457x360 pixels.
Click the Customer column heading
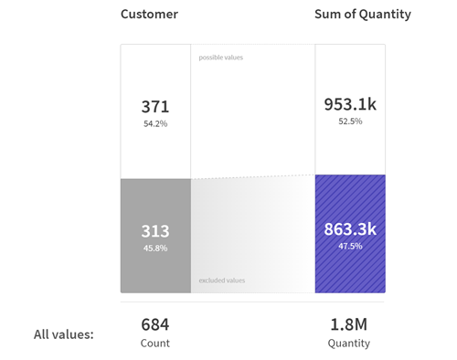149,15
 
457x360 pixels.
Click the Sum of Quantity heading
362,15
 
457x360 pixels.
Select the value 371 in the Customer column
154,106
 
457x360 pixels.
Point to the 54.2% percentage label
154,123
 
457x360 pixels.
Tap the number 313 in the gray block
154,231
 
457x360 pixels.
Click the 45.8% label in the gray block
154,248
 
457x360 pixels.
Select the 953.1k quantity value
350,104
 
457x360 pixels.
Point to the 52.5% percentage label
350,122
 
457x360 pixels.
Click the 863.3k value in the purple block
350,229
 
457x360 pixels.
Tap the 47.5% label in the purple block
350,246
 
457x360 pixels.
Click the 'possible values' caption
221,58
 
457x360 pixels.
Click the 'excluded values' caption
222,281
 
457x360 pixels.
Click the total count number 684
154,323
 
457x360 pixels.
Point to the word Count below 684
154,344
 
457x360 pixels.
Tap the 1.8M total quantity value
349,323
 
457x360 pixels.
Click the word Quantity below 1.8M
349,344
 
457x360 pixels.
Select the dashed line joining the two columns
253,176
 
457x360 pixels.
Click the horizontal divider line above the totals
252,302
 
